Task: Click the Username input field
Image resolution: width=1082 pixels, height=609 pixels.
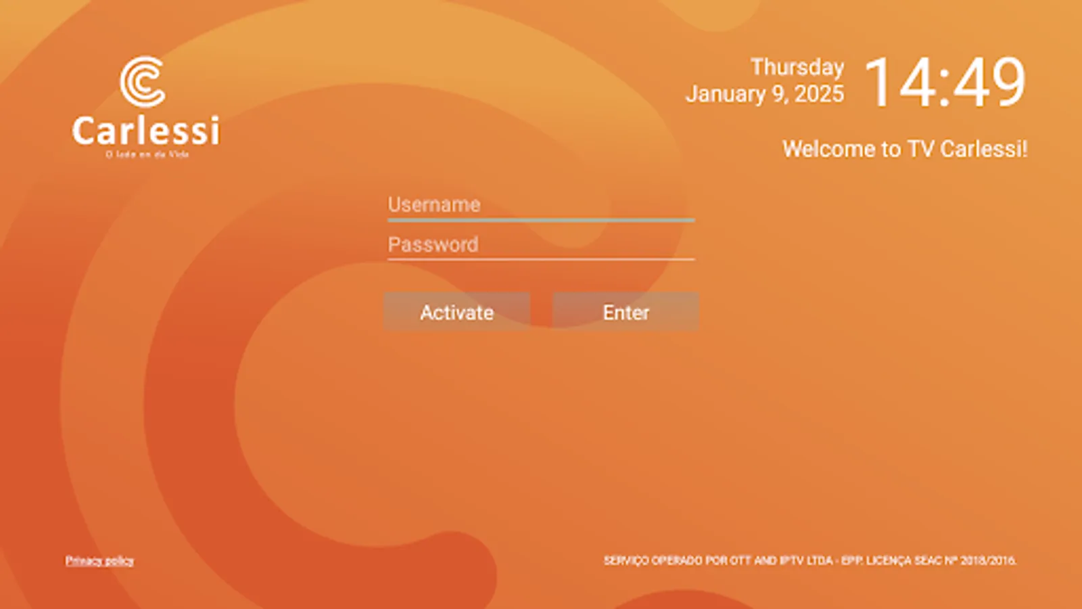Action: (x=540, y=204)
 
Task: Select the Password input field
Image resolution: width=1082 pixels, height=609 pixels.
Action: (x=540, y=244)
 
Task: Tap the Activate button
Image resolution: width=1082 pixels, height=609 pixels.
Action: (x=456, y=312)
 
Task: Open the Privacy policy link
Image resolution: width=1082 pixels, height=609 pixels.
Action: (x=99, y=560)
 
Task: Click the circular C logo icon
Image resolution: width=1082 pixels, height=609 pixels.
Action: (x=143, y=81)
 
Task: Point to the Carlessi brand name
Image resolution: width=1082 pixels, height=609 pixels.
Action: (x=146, y=131)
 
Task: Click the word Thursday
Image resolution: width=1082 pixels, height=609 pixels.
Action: (x=797, y=67)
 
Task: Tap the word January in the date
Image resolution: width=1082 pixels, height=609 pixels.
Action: (x=726, y=94)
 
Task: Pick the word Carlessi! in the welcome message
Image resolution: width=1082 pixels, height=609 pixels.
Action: (x=983, y=149)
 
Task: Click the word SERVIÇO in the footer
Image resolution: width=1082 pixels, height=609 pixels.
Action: (x=626, y=560)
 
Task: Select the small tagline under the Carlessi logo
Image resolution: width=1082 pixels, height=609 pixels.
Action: (x=147, y=154)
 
